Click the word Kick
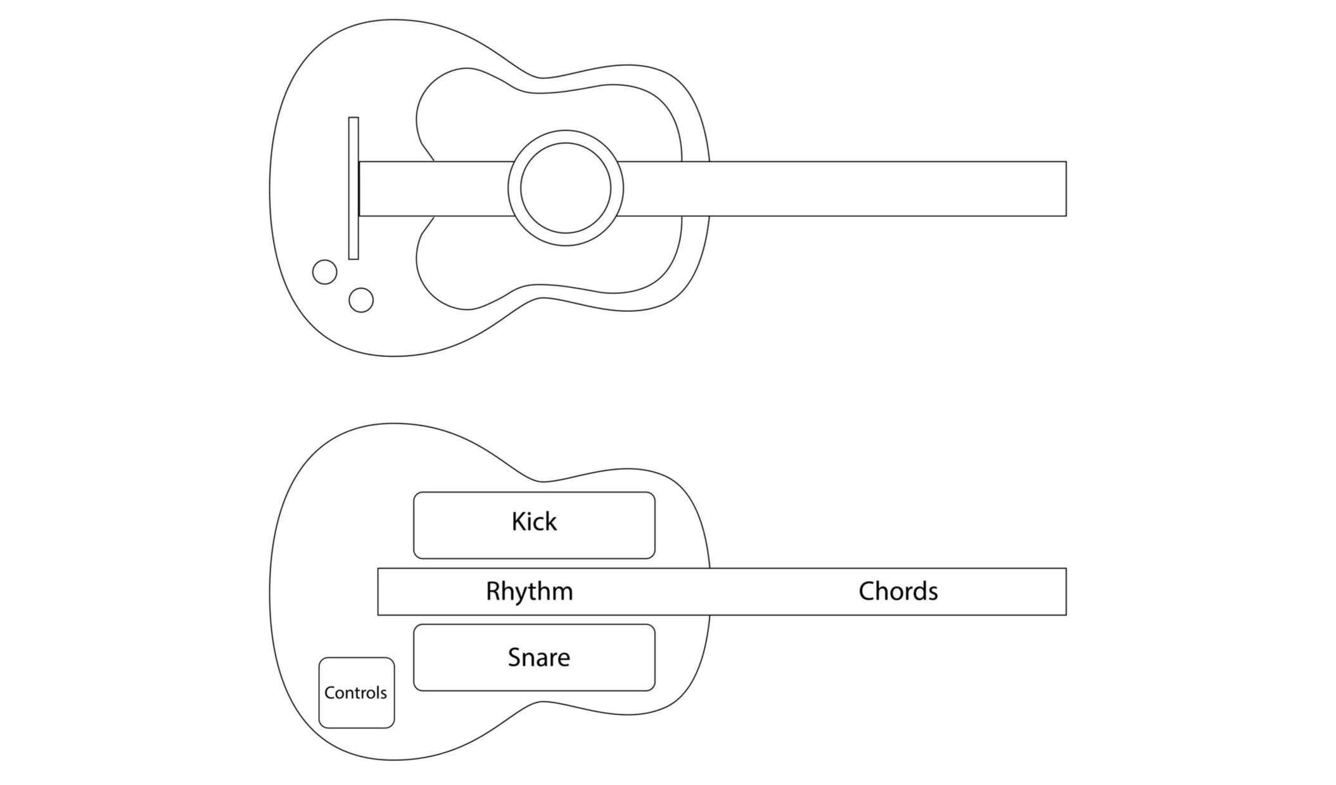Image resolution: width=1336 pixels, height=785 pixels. [x=533, y=522]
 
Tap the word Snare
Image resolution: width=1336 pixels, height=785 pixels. [x=538, y=658]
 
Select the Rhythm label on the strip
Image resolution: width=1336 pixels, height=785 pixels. [x=529, y=591]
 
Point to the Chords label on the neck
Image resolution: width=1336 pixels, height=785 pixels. [x=898, y=591]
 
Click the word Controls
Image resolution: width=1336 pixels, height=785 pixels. [x=355, y=692]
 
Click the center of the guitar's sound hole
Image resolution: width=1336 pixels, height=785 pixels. [x=565, y=188]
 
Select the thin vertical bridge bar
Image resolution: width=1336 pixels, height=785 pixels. [x=353, y=188]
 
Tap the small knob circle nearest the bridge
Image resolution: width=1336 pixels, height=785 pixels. [x=325, y=272]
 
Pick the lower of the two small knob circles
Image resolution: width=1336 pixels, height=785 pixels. [x=361, y=300]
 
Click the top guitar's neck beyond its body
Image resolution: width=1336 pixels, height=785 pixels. [x=887, y=189]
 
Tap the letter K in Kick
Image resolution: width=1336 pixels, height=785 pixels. [x=518, y=522]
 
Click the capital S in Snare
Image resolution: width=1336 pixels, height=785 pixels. [x=514, y=658]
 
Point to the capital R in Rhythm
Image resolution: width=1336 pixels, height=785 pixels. [x=493, y=591]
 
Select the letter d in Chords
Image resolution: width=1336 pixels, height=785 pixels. [x=918, y=591]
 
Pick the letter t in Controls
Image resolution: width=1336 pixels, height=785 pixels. [x=359, y=692]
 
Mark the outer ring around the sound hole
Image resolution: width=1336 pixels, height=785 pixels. [x=565, y=136]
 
